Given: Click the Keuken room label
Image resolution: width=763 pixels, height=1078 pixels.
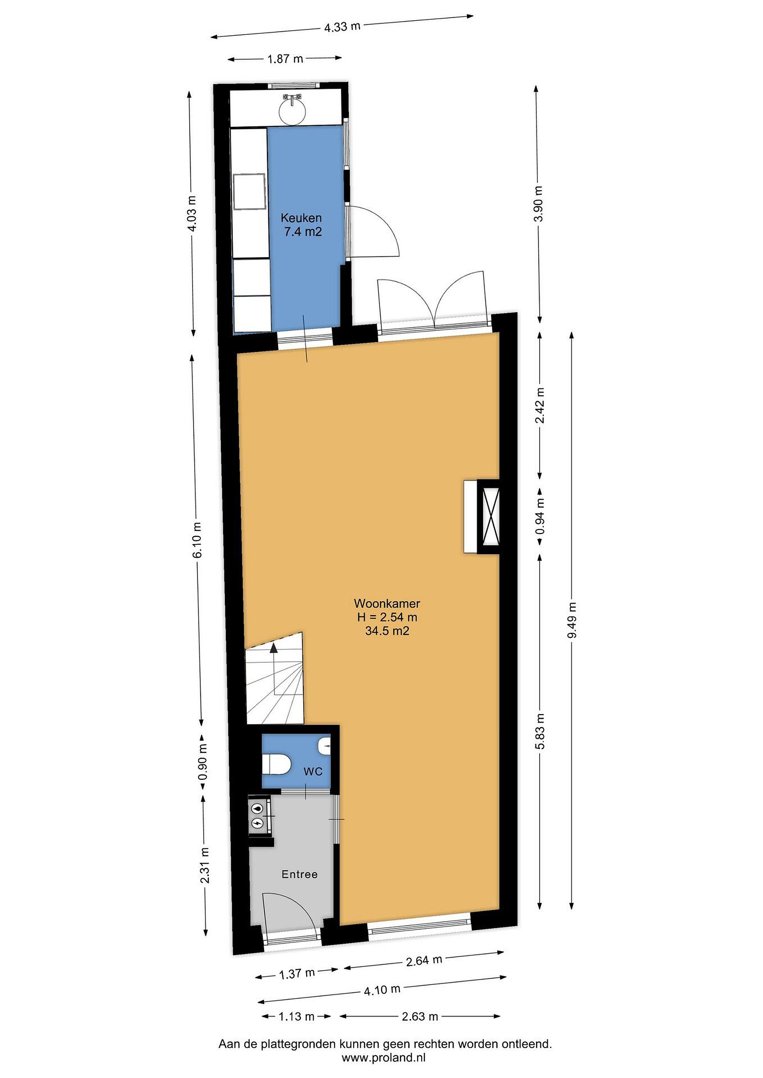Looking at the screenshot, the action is click(301, 218).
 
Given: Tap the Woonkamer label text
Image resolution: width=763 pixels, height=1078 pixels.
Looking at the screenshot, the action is click(387, 603).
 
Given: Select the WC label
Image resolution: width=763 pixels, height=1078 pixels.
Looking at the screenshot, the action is click(313, 771).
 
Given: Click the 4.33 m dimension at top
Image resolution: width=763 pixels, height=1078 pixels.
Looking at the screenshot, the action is click(342, 26).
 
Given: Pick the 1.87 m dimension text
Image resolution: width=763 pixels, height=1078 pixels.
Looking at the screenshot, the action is click(285, 59).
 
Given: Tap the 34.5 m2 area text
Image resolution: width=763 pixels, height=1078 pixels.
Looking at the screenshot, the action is click(387, 631).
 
